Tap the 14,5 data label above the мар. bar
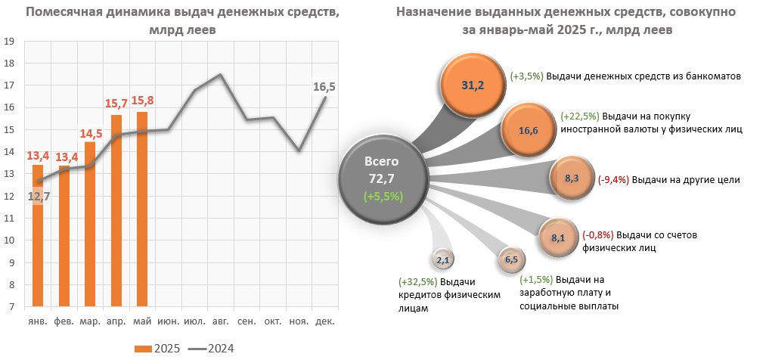click(90, 134)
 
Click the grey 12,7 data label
click(39, 197)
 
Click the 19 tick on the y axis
click(11, 42)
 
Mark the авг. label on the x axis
click(221, 321)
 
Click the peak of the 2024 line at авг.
click(220, 75)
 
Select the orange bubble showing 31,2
click(473, 85)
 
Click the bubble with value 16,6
click(529, 130)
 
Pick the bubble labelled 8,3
click(572, 178)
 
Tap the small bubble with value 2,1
click(443, 261)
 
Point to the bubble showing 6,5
click(510, 260)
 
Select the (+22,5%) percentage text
click(580, 116)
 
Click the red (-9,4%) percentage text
click(612, 180)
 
